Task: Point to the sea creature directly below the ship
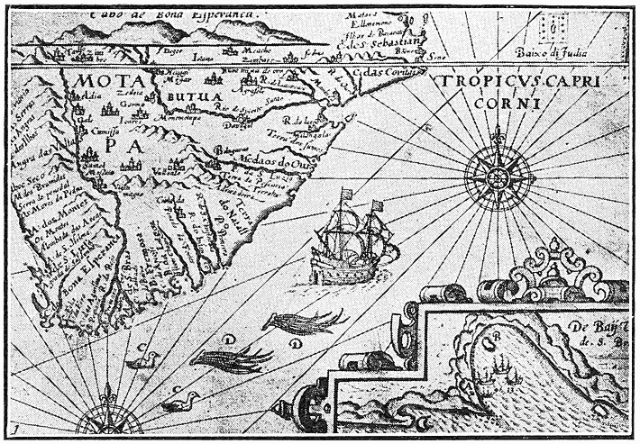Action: click(x=304, y=320)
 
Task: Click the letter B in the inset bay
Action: click(x=495, y=340)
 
